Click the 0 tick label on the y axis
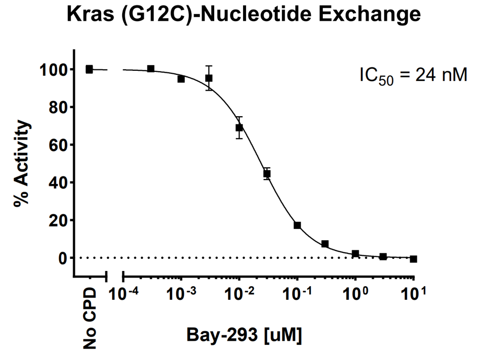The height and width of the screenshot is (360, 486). click(x=62, y=258)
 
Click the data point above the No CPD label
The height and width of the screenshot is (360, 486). click(x=89, y=69)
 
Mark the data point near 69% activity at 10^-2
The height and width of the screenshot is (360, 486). click(x=239, y=127)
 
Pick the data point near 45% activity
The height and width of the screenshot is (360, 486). click(x=267, y=173)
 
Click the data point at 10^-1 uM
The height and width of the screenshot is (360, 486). click(x=298, y=225)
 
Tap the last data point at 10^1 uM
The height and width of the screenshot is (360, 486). click(x=414, y=259)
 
